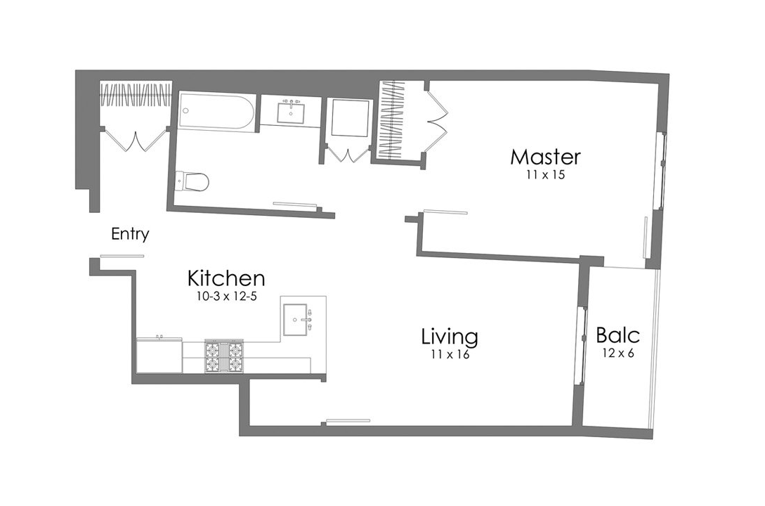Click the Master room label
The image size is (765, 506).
point(545,156)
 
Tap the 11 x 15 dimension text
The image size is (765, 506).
point(545,176)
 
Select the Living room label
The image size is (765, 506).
point(450,337)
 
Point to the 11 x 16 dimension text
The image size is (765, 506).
point(450,355)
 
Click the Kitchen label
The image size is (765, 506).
point(225,278)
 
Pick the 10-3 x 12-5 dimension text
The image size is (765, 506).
point(225,297)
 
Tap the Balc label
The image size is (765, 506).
point(617,335)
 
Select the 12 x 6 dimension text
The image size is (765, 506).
point(617,353)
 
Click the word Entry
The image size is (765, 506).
point(130,234)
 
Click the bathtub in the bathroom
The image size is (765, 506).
point(216,112)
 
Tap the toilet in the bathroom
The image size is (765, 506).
point(192,181)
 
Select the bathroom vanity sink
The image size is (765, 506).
point(290,111)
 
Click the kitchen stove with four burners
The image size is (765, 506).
point(223,356)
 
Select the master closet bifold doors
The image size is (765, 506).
point(436,117)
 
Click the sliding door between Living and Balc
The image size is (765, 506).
point(581,345)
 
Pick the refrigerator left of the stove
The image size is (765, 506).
point(159,356)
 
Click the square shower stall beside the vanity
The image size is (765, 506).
point(350,118)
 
